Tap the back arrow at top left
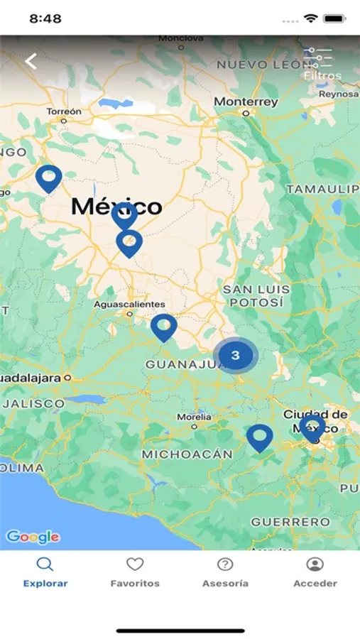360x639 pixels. point(31,61)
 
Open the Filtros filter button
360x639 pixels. point(322,64)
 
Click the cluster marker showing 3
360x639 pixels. point(236,356)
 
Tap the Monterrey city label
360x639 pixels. point(246,102)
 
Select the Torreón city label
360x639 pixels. point(64,111)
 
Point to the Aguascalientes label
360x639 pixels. point(129,305)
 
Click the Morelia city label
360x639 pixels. point(194,417)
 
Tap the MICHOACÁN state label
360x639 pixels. point(187,454)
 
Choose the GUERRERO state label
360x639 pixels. point(290,522)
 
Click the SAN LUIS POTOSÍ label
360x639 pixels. point(256,295)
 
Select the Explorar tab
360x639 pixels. point(45,573)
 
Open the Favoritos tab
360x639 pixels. point(135,573)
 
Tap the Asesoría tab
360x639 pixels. point(225,573)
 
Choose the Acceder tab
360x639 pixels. point(315,573)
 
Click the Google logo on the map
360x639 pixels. point(33,537)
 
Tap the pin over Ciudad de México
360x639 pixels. point(312,428)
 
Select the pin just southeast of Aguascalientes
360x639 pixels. point(164,327)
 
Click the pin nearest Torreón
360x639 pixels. point(49,178)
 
